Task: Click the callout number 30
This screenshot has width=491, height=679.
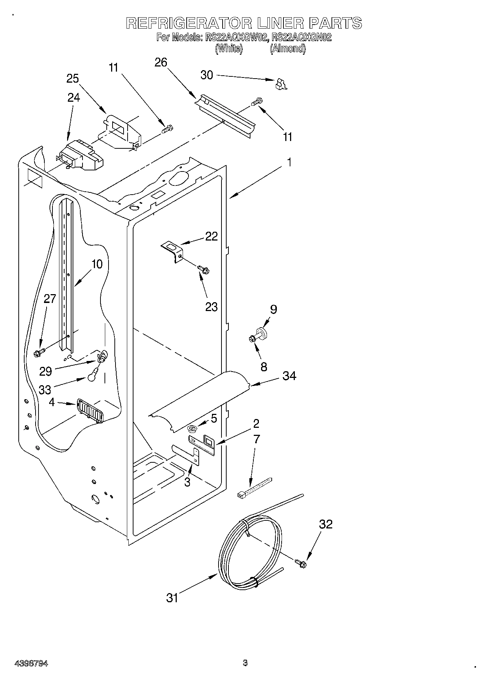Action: tap(207, 75)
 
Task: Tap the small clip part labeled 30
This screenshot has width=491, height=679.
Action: tap(281, 84)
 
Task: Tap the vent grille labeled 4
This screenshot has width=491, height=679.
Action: tap(89, 411)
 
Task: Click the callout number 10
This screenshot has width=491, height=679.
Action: tap(97, 264)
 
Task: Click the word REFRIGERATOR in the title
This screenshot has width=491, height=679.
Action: tap(188, 23)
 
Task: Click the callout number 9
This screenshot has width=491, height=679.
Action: tap(273, 309)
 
